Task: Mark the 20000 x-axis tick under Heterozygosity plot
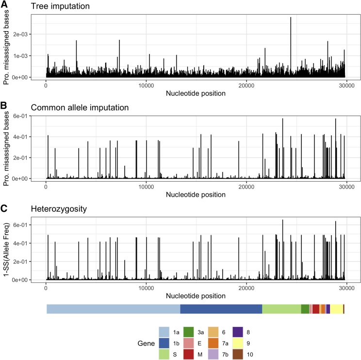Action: [x=246, y=287]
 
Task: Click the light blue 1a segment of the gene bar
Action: [x=113, y=309]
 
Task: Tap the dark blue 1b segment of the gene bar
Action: [x=221, y=309]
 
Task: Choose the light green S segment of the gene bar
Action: [x=281, y=309]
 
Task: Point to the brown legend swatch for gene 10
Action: [x=239, y=355]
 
